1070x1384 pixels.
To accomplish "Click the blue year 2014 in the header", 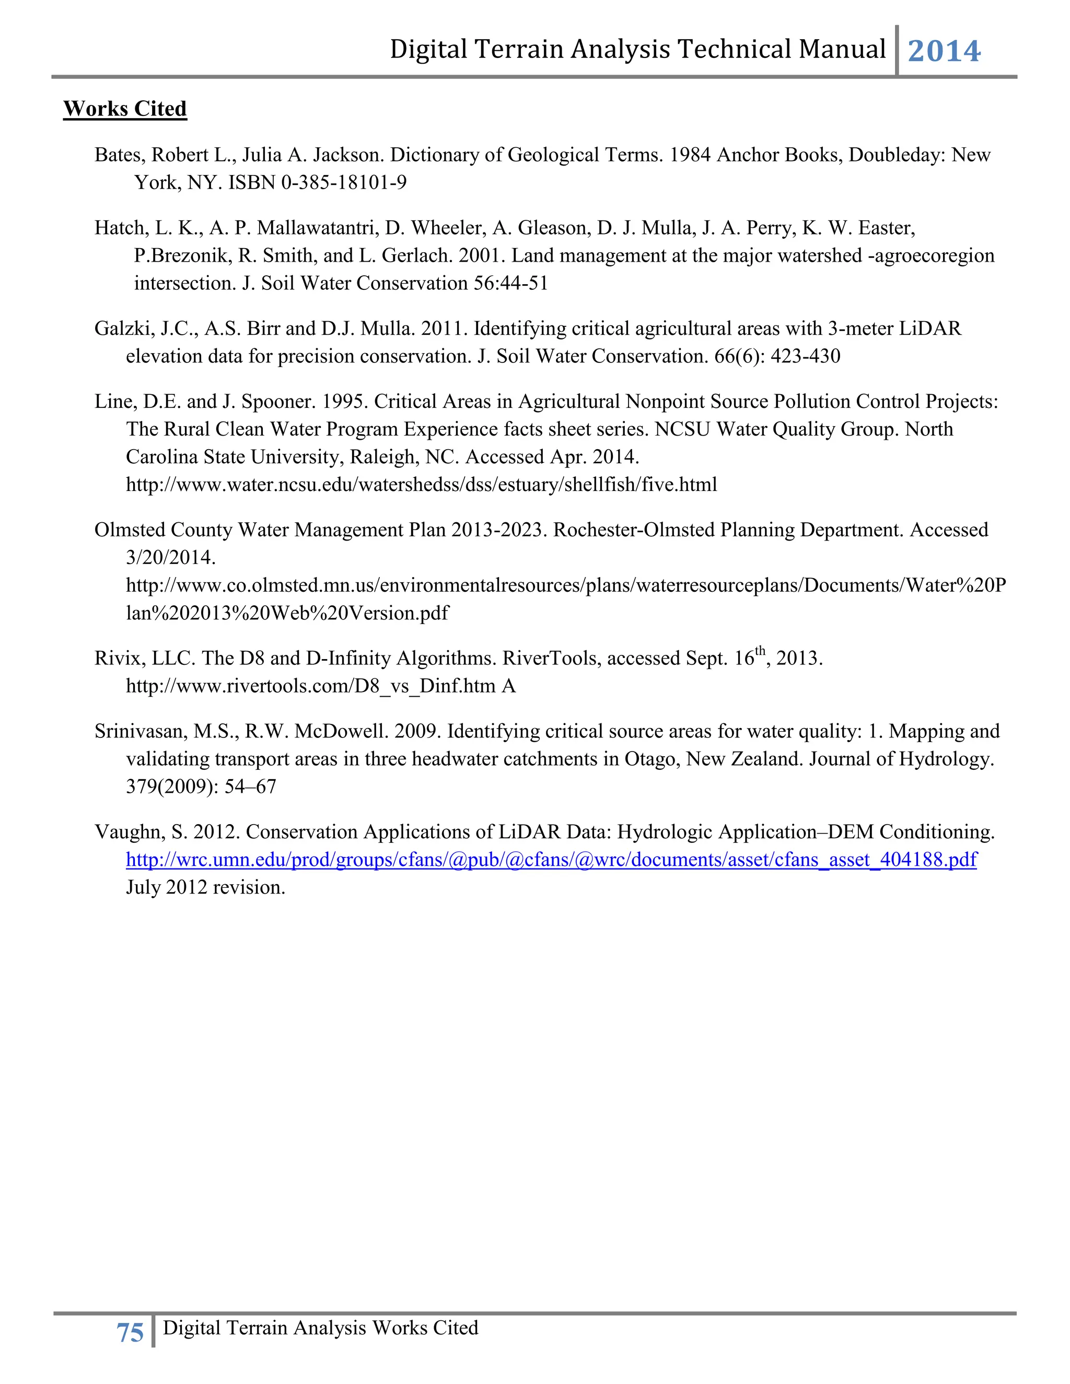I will point(944,51).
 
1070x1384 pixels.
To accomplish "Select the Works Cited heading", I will point(125,109).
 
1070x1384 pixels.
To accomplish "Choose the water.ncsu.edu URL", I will point(422,485).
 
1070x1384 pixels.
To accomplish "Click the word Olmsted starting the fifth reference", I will point(131,530).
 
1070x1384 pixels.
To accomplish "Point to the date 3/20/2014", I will point(170,558).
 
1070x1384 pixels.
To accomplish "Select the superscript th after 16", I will point(760,651).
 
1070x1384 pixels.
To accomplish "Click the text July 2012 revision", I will point(205,887).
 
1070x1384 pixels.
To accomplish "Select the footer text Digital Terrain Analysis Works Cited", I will point(320,1328).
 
